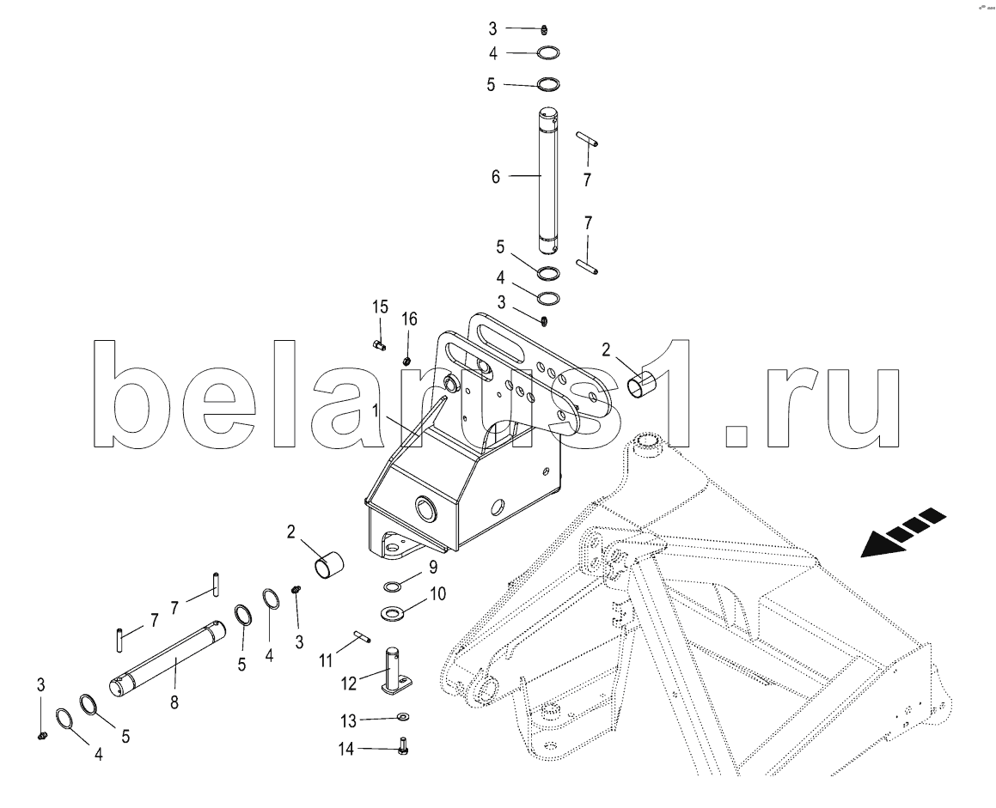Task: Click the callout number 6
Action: point(496,176)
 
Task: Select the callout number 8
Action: point(174,702)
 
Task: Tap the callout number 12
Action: point(349,683)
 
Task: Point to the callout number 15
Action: point(380,308)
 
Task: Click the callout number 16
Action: point(410,319)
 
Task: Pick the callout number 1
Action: point(376,411)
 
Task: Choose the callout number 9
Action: point(432,567)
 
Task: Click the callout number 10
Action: point(437,594)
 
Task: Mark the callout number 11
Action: point(326,661)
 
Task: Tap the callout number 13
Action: point(349,721)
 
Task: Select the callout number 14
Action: point(345,750)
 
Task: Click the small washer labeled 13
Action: point(403,717)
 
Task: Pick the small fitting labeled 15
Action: point(378,344)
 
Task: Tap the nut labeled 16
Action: point(406,361)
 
